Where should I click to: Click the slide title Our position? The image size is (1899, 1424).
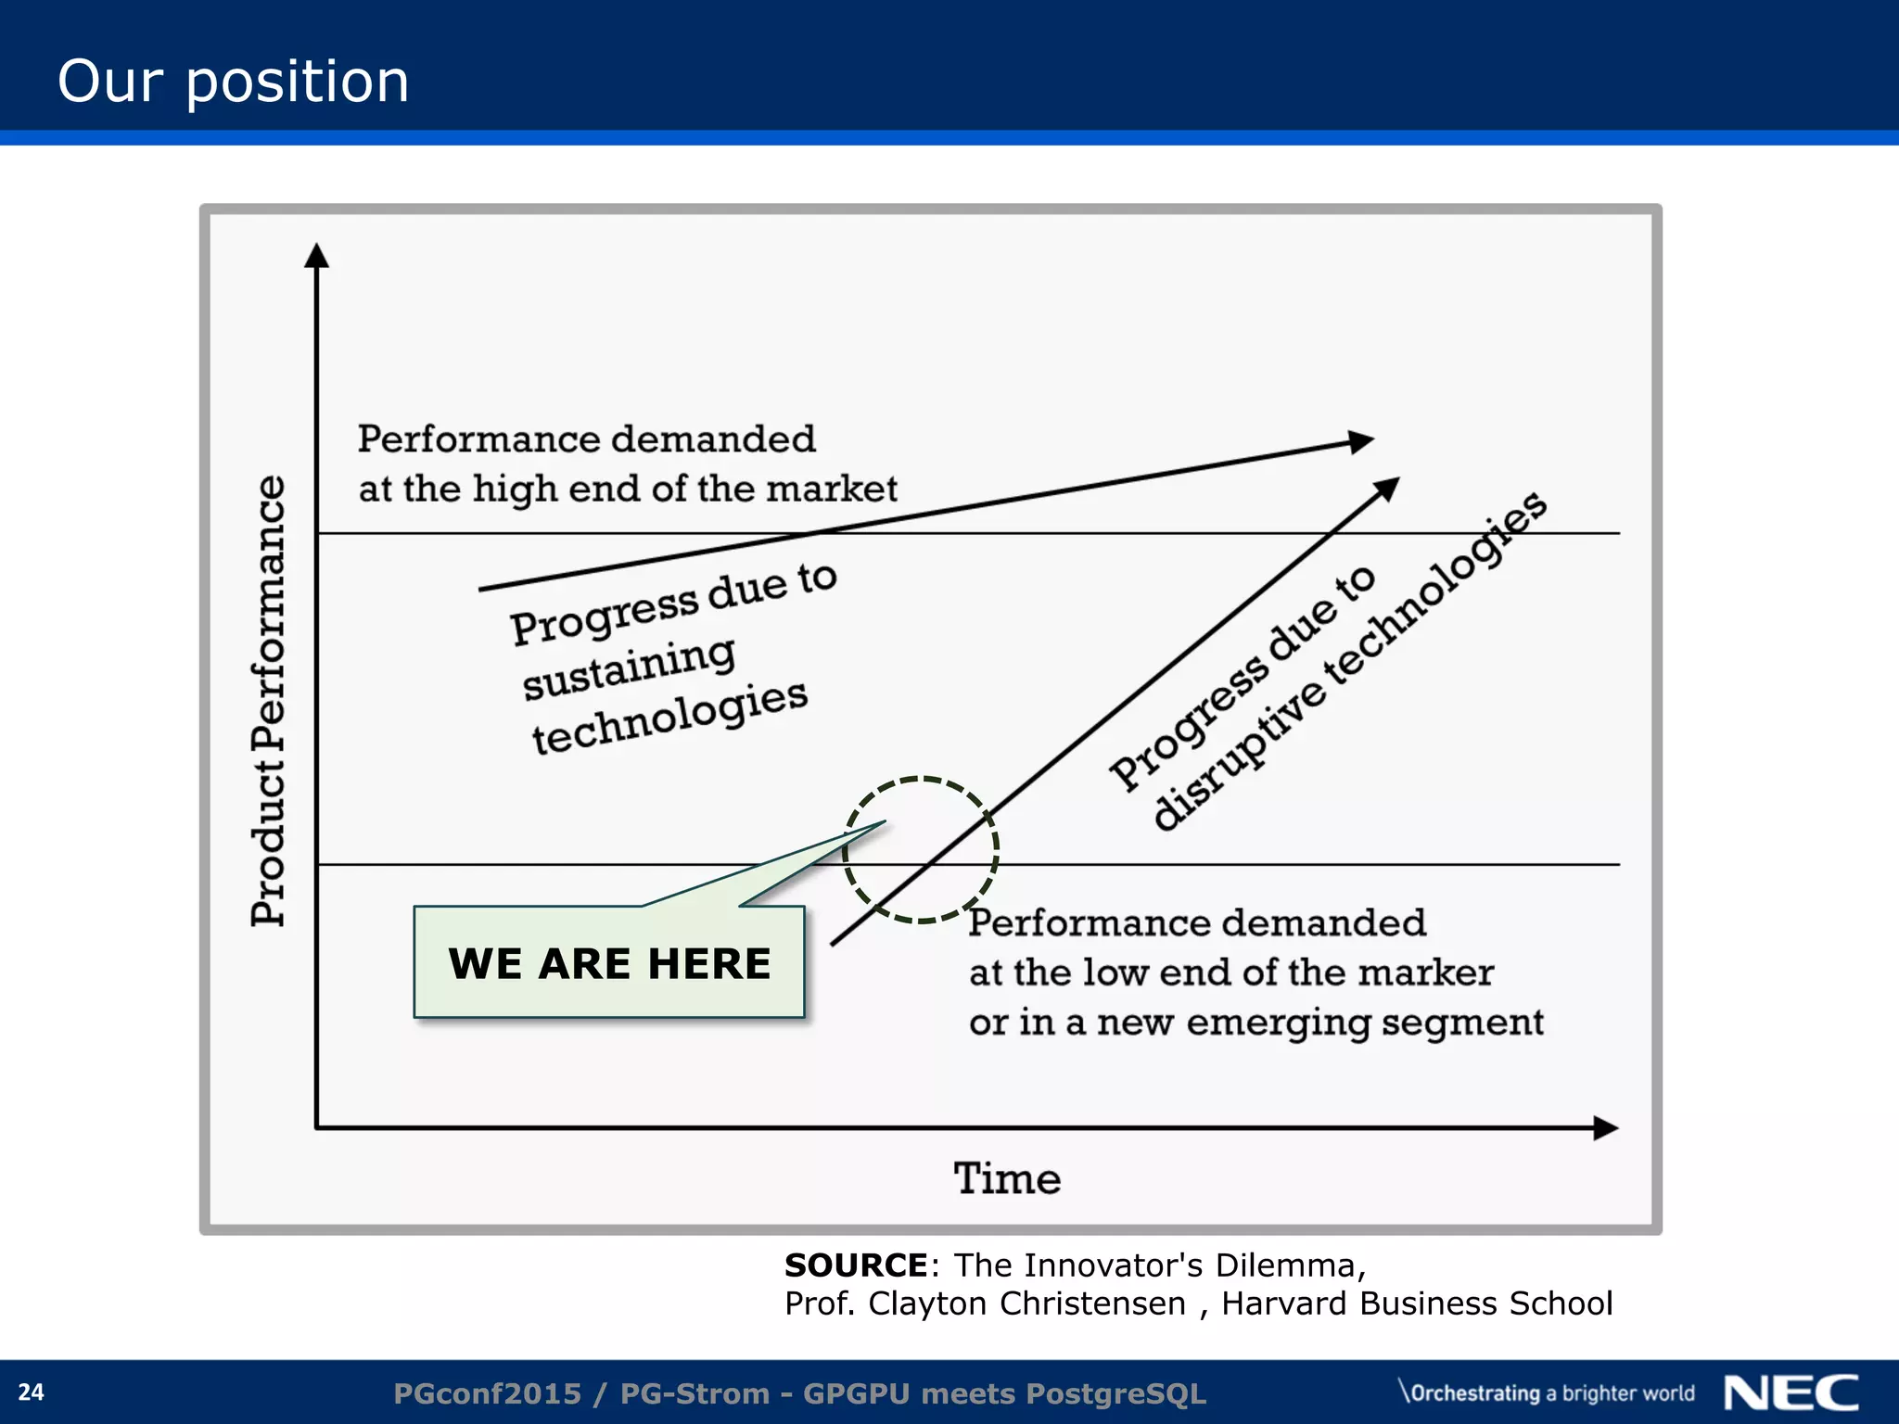(233, 81)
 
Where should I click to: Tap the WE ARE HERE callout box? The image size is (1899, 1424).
(609, 963)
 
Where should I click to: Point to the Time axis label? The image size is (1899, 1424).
(1007, 1179)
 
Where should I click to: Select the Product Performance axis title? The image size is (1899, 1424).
(269, 701)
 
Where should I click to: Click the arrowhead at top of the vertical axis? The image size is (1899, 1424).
(317, 255)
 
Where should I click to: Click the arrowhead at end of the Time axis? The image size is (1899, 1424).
(1606, 1128)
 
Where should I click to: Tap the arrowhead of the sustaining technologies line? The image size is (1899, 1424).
(1361, 441)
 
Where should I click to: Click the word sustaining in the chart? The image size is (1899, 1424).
(629, 668)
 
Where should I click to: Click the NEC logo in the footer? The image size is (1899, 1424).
(1791, 1392)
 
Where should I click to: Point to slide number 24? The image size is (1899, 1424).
(31, 1392)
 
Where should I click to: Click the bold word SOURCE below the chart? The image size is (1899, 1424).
(855, 1265)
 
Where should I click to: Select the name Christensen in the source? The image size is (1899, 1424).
(1092, 1303)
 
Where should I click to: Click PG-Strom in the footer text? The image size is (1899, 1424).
(695, 1393)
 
